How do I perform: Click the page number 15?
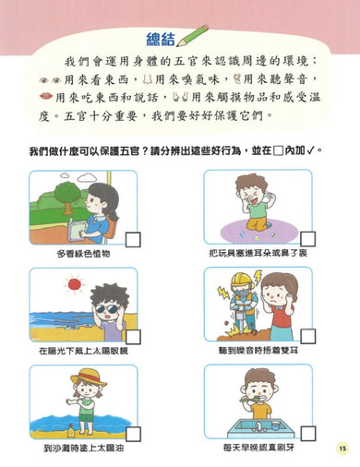point(341,447)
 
